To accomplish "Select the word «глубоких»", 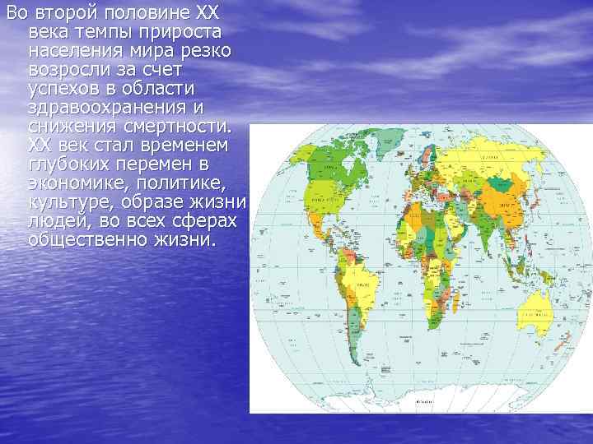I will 67,164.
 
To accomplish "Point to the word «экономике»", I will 71,183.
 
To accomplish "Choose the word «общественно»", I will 86,240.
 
